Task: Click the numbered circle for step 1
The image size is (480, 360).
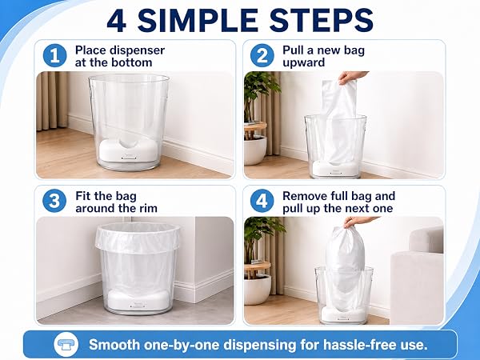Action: [54, 56]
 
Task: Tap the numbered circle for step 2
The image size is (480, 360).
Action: [262, 56]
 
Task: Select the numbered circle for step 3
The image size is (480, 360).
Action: [54, 201]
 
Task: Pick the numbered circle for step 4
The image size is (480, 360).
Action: [262, 201]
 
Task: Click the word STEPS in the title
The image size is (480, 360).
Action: [321, 20]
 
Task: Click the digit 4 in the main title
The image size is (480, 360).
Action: [117, 20]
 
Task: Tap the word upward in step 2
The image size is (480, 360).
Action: [304, 62]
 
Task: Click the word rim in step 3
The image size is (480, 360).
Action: [146, 209]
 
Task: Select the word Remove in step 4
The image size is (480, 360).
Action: [304, 196]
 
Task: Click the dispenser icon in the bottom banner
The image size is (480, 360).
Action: [66, 344]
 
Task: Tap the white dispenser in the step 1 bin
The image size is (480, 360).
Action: [128, 150]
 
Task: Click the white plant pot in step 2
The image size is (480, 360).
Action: [255, 150]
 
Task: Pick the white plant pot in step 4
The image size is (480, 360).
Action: [257, 290]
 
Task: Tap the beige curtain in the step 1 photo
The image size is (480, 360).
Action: [52, 101]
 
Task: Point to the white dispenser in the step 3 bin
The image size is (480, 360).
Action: [138, 299]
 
